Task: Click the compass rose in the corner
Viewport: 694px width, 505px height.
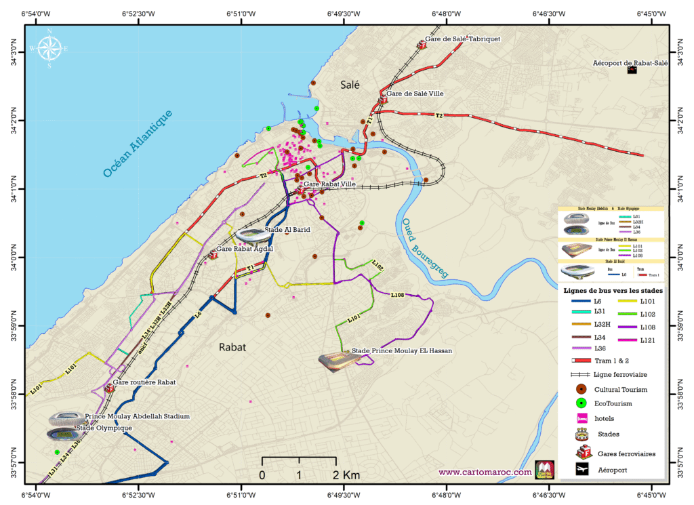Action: tap(49, 49)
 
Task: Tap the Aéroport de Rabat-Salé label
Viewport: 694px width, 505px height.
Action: tap(630, 62)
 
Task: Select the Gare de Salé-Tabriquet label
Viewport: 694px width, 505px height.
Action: tap(462, 39)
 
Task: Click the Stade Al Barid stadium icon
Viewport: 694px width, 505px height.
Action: tap(252, 235)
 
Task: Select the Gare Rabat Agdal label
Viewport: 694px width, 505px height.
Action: tap(244, 249)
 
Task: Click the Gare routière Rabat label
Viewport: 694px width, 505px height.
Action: tap(144, 382)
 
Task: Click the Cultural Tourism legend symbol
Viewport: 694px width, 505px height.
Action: tap(581, 389)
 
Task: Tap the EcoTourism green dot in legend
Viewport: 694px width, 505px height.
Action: tap(581, 404)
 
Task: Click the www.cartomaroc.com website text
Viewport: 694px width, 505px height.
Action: tap(485, 472)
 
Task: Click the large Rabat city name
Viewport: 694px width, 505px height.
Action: tap(232, 346)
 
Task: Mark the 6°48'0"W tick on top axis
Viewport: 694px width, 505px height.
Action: tap(446, 14)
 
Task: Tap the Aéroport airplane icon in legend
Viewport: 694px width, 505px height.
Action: tap(581, 469)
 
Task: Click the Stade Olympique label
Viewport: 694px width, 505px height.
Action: tap(104, 428)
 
